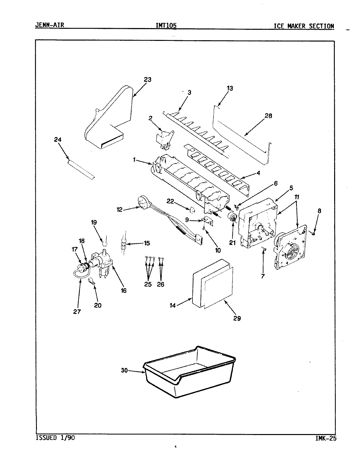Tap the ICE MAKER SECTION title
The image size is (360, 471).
[x=304, y=26]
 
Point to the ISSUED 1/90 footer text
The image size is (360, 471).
[x=55, y=437]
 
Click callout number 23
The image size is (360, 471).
[x=147, y=79]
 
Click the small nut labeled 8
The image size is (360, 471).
[x=314, y=233]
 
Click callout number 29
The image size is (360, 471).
[x=237, y=318]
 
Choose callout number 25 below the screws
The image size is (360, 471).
[x=148, y=284]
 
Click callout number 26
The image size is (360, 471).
[x=160, y=284]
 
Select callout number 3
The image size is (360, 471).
[x=189, y=93]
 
